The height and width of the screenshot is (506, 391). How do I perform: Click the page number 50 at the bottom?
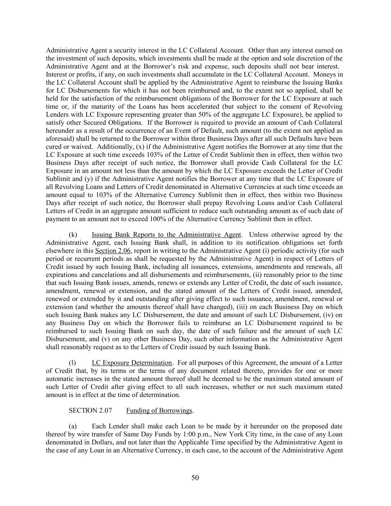195,478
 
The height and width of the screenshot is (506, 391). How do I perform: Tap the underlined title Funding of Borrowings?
159,410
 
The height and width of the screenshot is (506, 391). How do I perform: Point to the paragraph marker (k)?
73,235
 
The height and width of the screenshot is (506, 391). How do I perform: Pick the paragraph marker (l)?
73,363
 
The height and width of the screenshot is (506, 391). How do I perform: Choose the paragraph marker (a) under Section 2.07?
73,426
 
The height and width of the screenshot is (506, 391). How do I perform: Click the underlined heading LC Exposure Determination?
132,363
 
